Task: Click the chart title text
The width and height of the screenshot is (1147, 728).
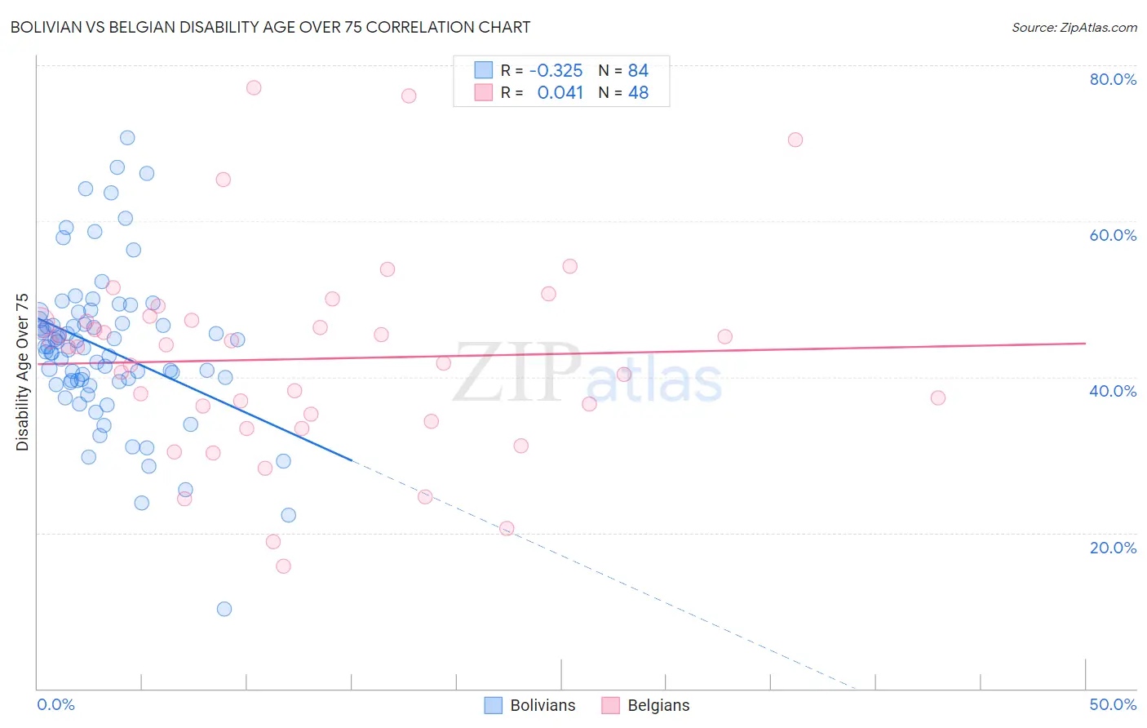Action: tap(270, 27)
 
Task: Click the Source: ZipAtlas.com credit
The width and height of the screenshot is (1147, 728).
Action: tap(1074, 27)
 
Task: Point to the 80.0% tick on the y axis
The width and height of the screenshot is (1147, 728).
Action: tap(1113, 79)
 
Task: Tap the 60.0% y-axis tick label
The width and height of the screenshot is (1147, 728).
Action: tap(1113, 235)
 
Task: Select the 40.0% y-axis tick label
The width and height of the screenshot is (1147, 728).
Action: tap(1113, 391)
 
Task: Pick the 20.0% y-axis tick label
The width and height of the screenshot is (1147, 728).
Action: tap(1113, 548)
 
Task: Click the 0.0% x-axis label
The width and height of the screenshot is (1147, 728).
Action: tap(55, 704)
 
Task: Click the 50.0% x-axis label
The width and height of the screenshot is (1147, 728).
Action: tap(1113, 704)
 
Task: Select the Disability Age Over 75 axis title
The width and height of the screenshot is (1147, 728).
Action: tap(22, 372)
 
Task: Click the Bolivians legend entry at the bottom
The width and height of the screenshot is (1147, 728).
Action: tap(530, 705)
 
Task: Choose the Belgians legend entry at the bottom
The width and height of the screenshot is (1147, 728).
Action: tap(646, 705)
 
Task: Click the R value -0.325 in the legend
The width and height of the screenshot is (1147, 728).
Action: tap(556, 71)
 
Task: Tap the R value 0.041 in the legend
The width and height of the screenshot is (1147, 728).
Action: tap(560, 93)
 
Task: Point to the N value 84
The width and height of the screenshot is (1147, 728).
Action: tap(638, 71)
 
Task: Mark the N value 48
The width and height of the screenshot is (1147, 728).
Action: tap(638, 93)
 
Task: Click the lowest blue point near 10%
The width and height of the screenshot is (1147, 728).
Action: tap(224, 609)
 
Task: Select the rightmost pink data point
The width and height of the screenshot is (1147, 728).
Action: tap(938, 397)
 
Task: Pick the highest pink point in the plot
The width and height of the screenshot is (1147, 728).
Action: tap(254, 87)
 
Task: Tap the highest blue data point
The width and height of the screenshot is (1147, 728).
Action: tap(127, 138)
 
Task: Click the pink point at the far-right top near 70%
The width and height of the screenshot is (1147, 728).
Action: tap(795, 140)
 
